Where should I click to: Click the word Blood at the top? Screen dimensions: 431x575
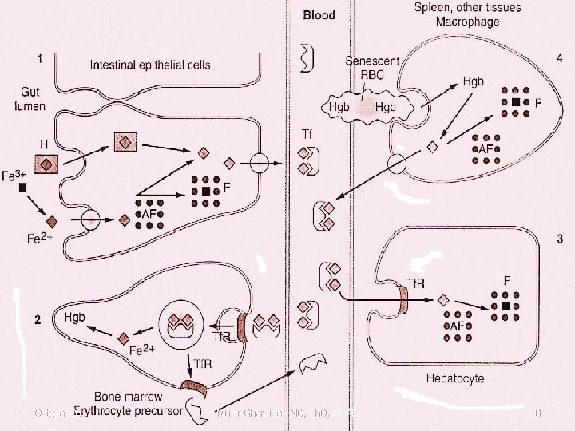[319, 14]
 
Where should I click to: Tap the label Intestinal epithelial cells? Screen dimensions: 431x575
[150, 64]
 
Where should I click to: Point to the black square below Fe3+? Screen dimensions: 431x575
[23, 188]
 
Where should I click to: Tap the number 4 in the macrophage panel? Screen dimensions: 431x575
[558, 58]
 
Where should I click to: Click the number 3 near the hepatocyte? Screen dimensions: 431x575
[560, 238]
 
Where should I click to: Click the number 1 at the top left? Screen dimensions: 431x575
[40, 58]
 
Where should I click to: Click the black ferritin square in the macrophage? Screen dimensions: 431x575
[517, 103]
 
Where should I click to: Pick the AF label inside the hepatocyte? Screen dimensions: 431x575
[458, 326]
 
